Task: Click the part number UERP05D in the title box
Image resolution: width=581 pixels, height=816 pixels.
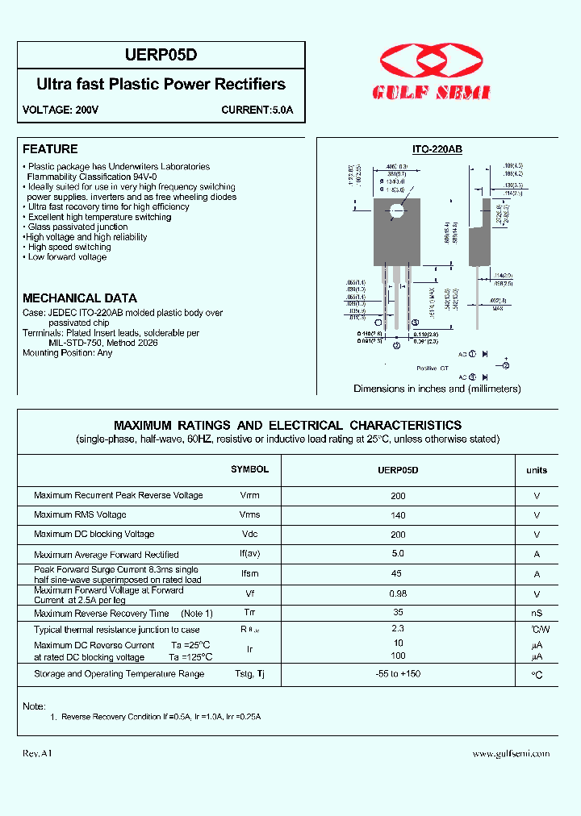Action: [x=161, y=56]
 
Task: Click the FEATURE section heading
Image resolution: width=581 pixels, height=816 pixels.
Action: [x=50, y=149]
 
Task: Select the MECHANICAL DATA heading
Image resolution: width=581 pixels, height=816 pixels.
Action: [x=80, y=298]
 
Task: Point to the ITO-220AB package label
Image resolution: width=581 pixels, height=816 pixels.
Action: [x=437, y=150]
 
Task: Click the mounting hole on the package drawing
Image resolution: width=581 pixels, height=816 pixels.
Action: [x=396, y=211]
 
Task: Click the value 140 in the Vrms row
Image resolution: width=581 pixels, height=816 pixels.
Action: [x=398, y=514]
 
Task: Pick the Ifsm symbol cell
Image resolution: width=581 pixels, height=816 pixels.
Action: [x=249, y=574]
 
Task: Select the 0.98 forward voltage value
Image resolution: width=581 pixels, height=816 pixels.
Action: [x=398, y=593]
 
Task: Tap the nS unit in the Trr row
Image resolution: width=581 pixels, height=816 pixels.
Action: [x=537, y=614]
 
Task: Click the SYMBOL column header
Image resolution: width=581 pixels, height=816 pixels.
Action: [x=249, y=469]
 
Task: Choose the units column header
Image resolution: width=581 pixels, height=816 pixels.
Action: [x=537, y=470]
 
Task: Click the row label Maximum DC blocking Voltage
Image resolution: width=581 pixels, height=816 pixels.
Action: [x=94, y=534]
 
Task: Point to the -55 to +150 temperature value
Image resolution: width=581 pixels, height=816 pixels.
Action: [x=398, y=673]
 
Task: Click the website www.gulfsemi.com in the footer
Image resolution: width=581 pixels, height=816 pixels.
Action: [x=511, y=753]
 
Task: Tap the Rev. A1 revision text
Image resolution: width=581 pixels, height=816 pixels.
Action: [x=37, y=753]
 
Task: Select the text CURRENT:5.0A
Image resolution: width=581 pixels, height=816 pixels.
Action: [x=257, y=110]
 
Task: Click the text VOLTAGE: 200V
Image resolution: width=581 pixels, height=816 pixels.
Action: [x=60, y=110]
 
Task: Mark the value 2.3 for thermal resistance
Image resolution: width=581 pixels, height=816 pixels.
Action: [x=398, y=629]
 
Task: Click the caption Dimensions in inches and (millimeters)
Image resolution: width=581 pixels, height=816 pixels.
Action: [x=437, y=389]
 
